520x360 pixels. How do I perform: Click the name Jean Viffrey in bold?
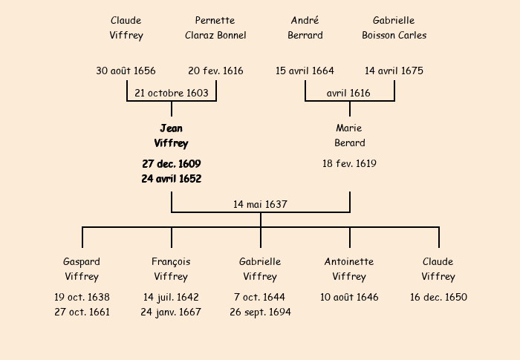(x=171, y=136)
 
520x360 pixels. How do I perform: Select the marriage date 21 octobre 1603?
(x=172, y=93)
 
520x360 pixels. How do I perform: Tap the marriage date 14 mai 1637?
(x=260, y=204)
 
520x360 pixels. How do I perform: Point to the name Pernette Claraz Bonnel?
(x=215, y=27)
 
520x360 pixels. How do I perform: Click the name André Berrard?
(x=305, y=27)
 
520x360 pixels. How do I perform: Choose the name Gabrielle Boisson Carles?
(x=394, y=27)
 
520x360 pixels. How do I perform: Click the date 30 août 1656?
(x=126, y=71)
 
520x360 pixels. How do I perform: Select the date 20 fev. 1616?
(x=215, y=71)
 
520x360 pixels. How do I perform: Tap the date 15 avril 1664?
(x=305, y=71)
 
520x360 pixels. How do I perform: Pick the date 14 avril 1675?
(x=394, y=71)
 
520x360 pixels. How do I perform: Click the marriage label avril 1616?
(x=348, y=93)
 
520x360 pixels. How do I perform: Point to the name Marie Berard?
(x=349, y=136)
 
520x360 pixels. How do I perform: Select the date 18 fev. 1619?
(x=349, y=163)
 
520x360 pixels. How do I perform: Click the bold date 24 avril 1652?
(x=172, y=179)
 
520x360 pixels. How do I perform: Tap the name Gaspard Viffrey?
(x=82, y=269)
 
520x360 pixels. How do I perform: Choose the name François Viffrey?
(x=171, y=269)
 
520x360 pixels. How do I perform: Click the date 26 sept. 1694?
(x=260, y=312)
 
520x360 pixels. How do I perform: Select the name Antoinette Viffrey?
(x=349, y=269)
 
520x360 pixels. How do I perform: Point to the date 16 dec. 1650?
(x=438, y=298)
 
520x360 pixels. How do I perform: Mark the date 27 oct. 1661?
(x=82, y=312)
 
